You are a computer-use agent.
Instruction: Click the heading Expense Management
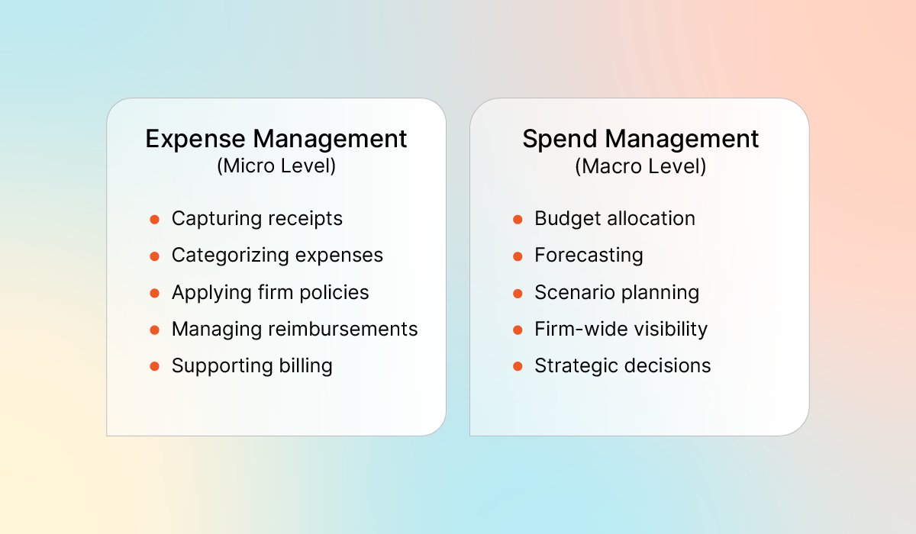pyautogui.click(x=276, y=139)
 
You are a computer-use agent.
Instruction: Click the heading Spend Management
pyautogui.click(x=640, y=139)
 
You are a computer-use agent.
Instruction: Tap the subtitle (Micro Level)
pyautogui.click(x=276, y=166)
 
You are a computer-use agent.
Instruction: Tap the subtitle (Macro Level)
pyautogui.click(x=640, y=166)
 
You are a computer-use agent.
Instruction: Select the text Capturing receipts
pyautogui.click(x=256, y=219)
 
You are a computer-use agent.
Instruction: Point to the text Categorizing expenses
pyautogui.click(x=277, y=256)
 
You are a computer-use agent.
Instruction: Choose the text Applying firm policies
pyautogui.click(x=270, y=292)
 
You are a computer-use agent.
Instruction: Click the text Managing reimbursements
pyautogui.click(x=295, y=329)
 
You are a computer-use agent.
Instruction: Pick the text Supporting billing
pyautogui.click(x=252, y=365)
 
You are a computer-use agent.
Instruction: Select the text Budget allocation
pyautogui.click(x=614, y=219)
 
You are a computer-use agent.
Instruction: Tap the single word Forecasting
pyautogui.click(x=589, y=256)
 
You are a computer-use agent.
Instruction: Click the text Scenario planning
pyautogui.click(x=617, y=292)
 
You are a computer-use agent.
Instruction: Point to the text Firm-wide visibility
pyautogui.click(x=621, y=329)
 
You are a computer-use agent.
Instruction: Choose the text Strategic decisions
pyautogui.click(x=622, y=365)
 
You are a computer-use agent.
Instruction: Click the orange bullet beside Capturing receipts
pyautogui.click(x=154, y=220)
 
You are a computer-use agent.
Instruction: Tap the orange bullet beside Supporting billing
pyautogui.click(x=154, y=366)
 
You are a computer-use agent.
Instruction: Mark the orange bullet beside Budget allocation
pyautogui.click(x=518, y=220)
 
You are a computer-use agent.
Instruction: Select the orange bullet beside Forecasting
pyautogui.click(x=518, y=256)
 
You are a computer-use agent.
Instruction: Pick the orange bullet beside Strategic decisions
pyautogui.click(x=518, y=366)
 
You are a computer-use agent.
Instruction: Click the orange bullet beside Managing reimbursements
pyautogui.click(x=154, y=330)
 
